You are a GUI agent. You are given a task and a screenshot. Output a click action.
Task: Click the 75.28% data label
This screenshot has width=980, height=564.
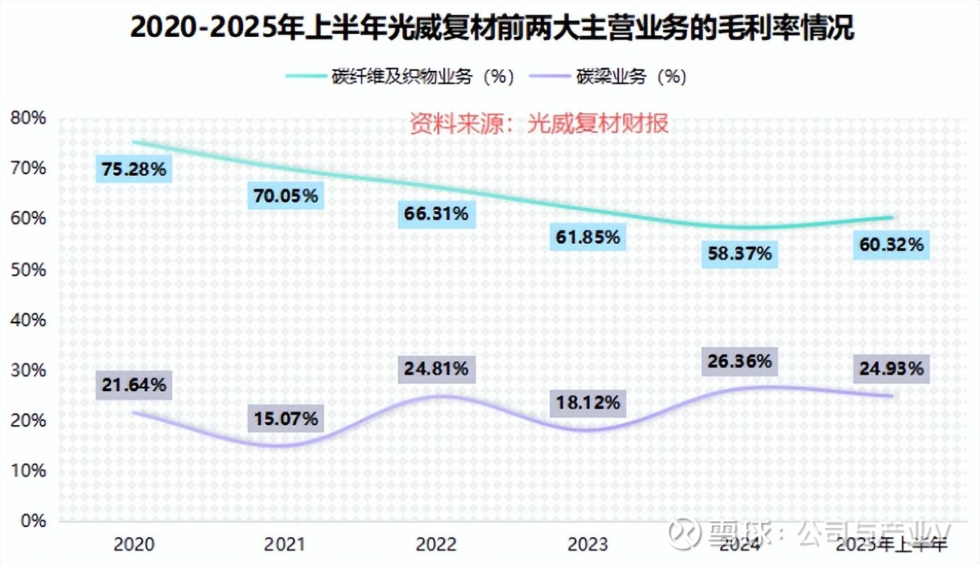(x=133, y=170)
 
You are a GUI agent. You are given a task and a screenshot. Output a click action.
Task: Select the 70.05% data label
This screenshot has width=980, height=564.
(x=285, y=196)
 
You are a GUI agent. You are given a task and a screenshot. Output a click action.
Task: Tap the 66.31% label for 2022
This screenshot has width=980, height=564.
(x=436, y=213)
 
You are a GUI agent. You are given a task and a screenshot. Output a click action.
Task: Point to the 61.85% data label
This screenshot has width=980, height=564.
(x=587, y=237)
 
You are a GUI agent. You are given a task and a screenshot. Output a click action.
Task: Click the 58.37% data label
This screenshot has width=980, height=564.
(x=739, y=253)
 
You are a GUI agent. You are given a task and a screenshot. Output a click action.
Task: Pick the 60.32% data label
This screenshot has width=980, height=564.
(x=891, y=245)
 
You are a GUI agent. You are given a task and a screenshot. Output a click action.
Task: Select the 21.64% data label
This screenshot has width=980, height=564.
(x=133, y=385)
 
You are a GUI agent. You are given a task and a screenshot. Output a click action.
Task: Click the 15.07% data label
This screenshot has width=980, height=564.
(x=285, y=418)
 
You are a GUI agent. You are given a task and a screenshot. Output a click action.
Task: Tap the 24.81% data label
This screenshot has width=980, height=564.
(x=436, y=368)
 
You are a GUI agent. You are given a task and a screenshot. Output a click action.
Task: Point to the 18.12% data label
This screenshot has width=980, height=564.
(x=587, y=402)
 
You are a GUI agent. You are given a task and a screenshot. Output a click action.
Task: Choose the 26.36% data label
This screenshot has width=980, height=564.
(x=739, y=361)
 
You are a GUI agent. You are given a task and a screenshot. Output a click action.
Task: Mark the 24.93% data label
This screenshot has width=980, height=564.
(x=891, y=368)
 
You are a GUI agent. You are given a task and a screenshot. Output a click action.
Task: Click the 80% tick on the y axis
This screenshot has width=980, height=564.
(x=28, y=118)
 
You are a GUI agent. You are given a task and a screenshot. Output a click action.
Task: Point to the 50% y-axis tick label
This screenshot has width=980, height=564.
(x=28, y=270)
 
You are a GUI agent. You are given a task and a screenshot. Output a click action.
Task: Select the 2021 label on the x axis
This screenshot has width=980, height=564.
(x=285, y=544)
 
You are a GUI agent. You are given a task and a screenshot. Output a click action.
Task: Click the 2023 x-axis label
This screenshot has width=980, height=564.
(x=588, y=544)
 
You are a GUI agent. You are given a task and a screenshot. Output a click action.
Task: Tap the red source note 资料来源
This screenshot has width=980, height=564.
(x=539, y=124)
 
